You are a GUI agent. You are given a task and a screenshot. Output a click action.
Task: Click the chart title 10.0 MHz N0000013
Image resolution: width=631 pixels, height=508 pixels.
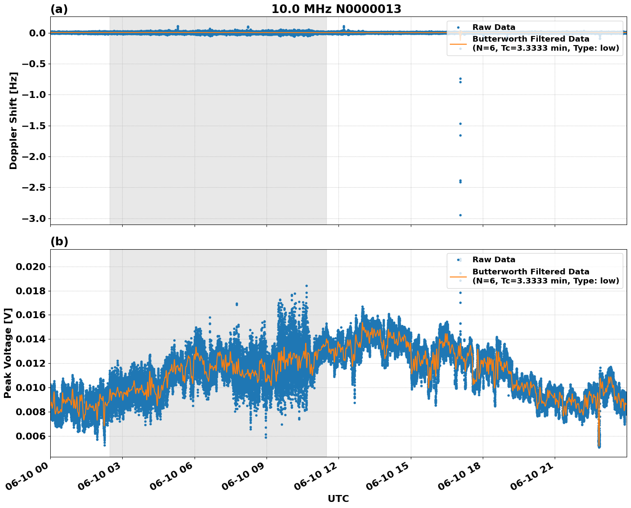[x=336, y=9]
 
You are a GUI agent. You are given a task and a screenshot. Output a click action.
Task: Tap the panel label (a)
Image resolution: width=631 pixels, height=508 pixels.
[x=59, y=9]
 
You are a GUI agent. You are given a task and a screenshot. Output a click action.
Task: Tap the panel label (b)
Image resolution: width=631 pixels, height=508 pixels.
[x=59, y=242]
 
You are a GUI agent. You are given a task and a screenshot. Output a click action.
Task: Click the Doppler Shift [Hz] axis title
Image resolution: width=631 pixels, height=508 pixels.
[x=13, y=120]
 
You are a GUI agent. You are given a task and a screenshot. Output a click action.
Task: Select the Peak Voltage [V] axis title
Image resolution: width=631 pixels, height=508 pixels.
[x=7, y=353]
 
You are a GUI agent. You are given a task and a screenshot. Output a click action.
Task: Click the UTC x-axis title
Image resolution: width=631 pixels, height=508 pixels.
[x=338, y=498]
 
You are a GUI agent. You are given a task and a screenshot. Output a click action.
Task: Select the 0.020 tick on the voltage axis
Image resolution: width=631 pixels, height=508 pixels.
[x=30, y=267]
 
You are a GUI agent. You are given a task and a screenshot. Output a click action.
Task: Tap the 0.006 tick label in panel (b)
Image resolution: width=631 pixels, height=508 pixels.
[x=30, y=436]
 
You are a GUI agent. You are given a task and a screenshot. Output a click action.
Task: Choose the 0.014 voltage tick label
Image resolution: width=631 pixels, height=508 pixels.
[x=30, y=339]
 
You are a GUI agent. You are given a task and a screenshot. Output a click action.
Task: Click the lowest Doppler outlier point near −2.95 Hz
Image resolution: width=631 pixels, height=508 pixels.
[x=460, y=215]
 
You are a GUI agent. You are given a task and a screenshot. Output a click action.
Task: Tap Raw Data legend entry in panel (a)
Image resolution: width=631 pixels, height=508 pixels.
[x=494, y=27]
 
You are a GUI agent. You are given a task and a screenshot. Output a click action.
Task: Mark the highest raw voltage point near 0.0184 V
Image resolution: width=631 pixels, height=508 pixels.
[x=306, y=286]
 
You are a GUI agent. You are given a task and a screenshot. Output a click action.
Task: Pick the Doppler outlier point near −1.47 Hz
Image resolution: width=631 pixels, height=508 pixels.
[x=460, y=124]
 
